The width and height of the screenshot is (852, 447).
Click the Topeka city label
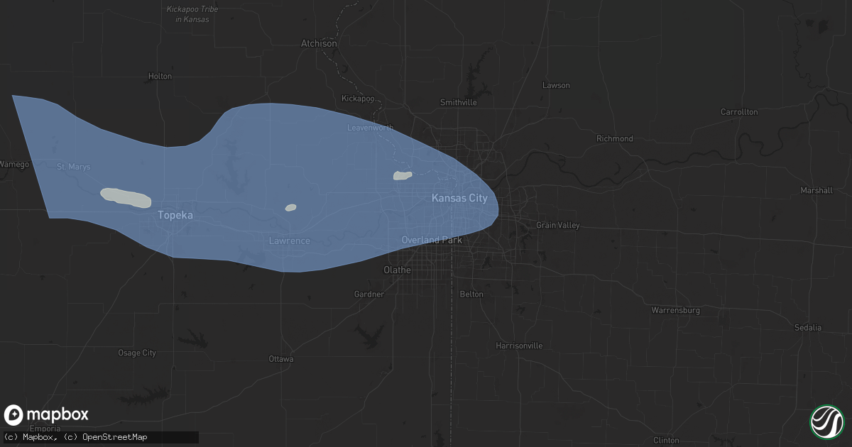(x=175, y=214)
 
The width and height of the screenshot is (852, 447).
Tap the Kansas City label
(x=459, y=198)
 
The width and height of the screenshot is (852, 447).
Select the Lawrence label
(x=289, y=241)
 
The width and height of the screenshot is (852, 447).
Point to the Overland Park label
(x=432, y=240)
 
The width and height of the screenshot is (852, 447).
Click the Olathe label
(x=397, y=270)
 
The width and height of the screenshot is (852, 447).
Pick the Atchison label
(x=319, y=43)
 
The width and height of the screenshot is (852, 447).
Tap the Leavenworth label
(x=370, y=128)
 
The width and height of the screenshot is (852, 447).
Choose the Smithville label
(x=458, y=102)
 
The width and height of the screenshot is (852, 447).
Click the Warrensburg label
(x=676, y=310)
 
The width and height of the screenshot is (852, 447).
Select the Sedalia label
(x=809, y=327)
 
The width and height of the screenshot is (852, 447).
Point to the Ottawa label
(x=281, y=359)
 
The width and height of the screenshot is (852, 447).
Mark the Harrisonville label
(x=520, y=346)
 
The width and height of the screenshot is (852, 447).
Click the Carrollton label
(x=739, y=112)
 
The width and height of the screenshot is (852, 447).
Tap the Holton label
(x=160, y=76)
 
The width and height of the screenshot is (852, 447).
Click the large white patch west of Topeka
(x=126, y=197)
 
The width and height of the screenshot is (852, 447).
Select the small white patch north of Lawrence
(x=290, y=208)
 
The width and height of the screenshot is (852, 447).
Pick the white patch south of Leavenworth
(x=403, y=175)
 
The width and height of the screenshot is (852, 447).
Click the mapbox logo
(x=47, y=415)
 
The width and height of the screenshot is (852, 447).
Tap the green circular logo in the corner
(x=826, y=421)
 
